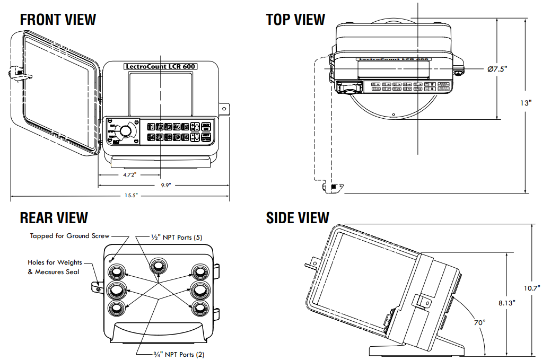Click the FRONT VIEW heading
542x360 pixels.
coord(58,20)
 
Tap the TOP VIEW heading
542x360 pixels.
coord(295,20)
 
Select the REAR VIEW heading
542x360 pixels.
coord(54,217)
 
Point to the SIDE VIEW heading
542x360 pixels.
coord(298,218)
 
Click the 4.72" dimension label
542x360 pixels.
coord(130,174)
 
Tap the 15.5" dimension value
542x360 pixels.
coord(131,196)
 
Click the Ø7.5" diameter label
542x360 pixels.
coord(497,69)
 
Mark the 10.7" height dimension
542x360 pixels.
coord(531,288)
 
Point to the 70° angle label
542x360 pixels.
coord(480,322)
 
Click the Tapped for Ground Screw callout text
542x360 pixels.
coord(69,236)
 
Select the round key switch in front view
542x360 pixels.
coord(126,131)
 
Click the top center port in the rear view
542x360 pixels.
coord(158,265)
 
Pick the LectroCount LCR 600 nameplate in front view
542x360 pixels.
coord(160,67)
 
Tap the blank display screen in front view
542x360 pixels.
coord(160,93)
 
